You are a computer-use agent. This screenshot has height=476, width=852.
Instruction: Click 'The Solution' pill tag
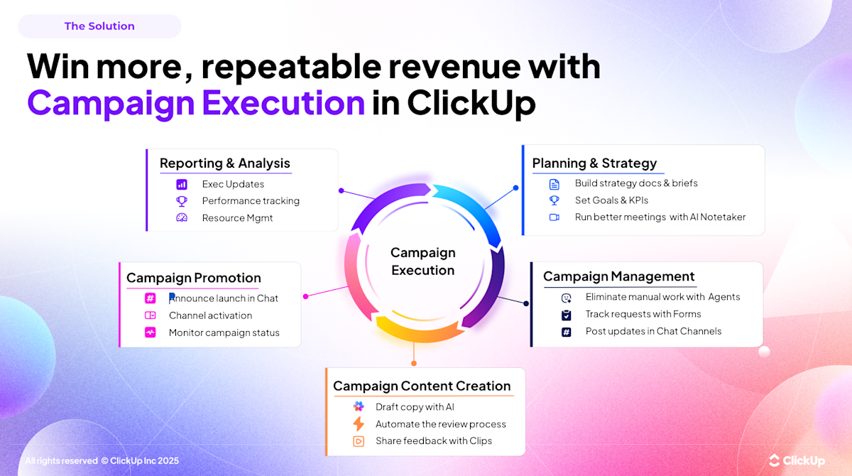click(99, 26)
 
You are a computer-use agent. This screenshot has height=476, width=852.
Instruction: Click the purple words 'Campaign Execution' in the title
click(196, 102)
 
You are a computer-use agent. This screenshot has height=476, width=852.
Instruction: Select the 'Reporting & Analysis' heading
click(224, 163)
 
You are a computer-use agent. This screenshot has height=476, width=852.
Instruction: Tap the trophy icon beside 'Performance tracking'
click(182, 201)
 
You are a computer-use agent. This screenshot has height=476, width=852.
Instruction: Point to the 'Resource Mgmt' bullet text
click(237, 218)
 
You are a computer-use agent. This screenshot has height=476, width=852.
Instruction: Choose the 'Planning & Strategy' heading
click(594, 163)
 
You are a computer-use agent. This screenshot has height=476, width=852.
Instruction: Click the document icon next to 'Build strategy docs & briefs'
click(555, 183)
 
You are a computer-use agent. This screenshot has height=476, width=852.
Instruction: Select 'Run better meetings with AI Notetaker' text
click(660, 217)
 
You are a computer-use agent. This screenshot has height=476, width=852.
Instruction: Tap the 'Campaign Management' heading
click(618, 276)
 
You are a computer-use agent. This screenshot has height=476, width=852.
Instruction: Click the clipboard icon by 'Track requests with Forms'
click(566, 315)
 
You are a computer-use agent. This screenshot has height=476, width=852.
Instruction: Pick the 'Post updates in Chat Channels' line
click(653, 331)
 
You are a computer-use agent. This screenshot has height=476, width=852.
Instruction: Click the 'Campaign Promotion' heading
click(193, 278)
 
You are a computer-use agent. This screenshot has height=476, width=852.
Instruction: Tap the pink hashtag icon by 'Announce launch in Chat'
click(151, 298)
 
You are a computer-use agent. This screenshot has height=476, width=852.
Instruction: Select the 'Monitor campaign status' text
click(224, 332)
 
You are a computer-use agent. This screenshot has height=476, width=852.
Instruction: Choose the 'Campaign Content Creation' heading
click(422, 386)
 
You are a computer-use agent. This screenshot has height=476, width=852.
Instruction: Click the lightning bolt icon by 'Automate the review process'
click(359, 424)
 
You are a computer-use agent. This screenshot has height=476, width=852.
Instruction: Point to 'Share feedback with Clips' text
click(433, 441)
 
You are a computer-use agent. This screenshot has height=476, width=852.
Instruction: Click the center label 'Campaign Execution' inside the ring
click(422, 261)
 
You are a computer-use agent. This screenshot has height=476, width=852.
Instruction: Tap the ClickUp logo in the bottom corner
click(797, 461)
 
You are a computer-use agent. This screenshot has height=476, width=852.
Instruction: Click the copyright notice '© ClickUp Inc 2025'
click(140, 461)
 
